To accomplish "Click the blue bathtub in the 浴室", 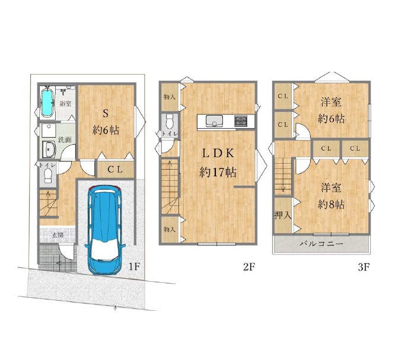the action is point(47,103).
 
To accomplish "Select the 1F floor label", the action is point(133,266).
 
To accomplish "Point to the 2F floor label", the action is point(248,267).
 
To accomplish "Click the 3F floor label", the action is point(364,267).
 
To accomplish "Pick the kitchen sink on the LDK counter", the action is point(214,121).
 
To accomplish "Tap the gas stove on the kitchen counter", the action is point(241,121).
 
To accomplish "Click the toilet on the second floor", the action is point(170,122).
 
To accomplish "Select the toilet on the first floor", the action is point(47,176).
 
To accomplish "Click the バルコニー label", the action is point(321,244).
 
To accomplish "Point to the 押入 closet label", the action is point(283,215).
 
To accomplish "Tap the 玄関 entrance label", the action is point(58,235).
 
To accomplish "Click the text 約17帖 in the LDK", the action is point(218,172).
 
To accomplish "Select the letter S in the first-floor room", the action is point(106,113).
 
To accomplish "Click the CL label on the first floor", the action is point(115,170).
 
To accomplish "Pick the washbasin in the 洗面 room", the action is point(49,149).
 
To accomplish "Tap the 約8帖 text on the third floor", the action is point(332,204).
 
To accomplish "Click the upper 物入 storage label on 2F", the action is point(170,97).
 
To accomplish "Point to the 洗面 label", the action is point(65,139).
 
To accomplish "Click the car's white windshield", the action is point(104,250).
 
